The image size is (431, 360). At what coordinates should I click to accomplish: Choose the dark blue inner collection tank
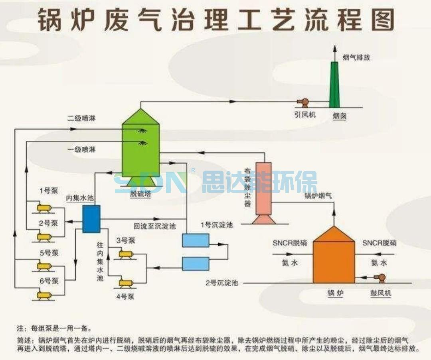coord(91,219)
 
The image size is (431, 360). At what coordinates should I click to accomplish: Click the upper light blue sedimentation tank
coord(196,240)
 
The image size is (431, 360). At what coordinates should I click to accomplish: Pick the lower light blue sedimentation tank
coord(196,264)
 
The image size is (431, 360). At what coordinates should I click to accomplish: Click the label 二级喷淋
coord(81,118)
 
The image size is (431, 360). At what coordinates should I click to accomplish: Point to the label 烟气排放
coord(357,57)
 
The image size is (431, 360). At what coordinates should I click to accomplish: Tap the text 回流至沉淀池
coord(154,226)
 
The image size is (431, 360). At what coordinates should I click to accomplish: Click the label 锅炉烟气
coord(318,196)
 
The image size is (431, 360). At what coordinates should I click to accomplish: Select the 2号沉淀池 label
coord(222,283)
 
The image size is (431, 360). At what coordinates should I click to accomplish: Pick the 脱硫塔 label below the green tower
coord(140,194)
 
